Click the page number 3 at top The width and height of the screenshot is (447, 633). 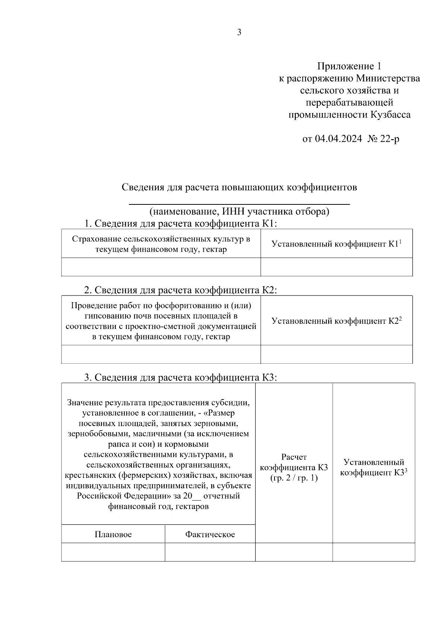point(239,32)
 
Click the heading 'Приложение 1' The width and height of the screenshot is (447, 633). point(349,66)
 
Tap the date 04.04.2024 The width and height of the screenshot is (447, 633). point(338,139)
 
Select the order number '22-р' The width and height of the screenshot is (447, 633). point(390,139)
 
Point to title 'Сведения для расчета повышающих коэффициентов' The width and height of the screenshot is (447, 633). point(239,187)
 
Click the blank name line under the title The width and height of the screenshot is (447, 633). point(239,203)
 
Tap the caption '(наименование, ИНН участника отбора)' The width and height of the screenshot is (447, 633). point(239,212)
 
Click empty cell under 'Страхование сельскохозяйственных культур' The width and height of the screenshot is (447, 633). point(161,267)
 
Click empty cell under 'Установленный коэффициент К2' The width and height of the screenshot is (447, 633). point(336,354)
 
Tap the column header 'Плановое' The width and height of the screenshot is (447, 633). point(113,535)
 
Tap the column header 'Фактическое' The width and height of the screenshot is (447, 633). point(210,535)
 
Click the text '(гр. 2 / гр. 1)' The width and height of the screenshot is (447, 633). point(294,478)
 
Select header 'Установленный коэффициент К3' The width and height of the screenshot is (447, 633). point(374,467)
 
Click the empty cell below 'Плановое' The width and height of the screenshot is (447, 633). point(113,552)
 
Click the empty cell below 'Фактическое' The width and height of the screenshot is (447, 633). point(210,552)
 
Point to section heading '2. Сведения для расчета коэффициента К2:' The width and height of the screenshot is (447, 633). point(180,290)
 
